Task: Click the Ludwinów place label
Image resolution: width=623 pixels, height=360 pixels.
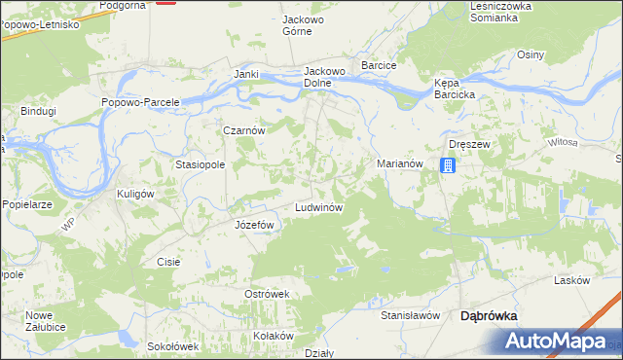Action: (x=317, y=209)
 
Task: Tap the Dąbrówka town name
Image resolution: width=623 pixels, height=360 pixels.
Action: (x=489, y=315)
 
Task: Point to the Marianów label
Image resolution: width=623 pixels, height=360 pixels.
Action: (x=399, y=164)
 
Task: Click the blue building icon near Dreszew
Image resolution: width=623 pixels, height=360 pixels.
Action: (x=447, y=166)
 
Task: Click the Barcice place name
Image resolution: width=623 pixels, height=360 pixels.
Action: (x=379, y=65)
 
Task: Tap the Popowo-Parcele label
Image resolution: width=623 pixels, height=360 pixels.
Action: (x=141, y=102)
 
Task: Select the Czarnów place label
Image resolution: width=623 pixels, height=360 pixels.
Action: (x=244, y=130)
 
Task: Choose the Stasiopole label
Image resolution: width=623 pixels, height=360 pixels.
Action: (x=201, y=165)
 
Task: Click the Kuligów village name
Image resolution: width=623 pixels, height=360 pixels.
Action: (x=136, y=194)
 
